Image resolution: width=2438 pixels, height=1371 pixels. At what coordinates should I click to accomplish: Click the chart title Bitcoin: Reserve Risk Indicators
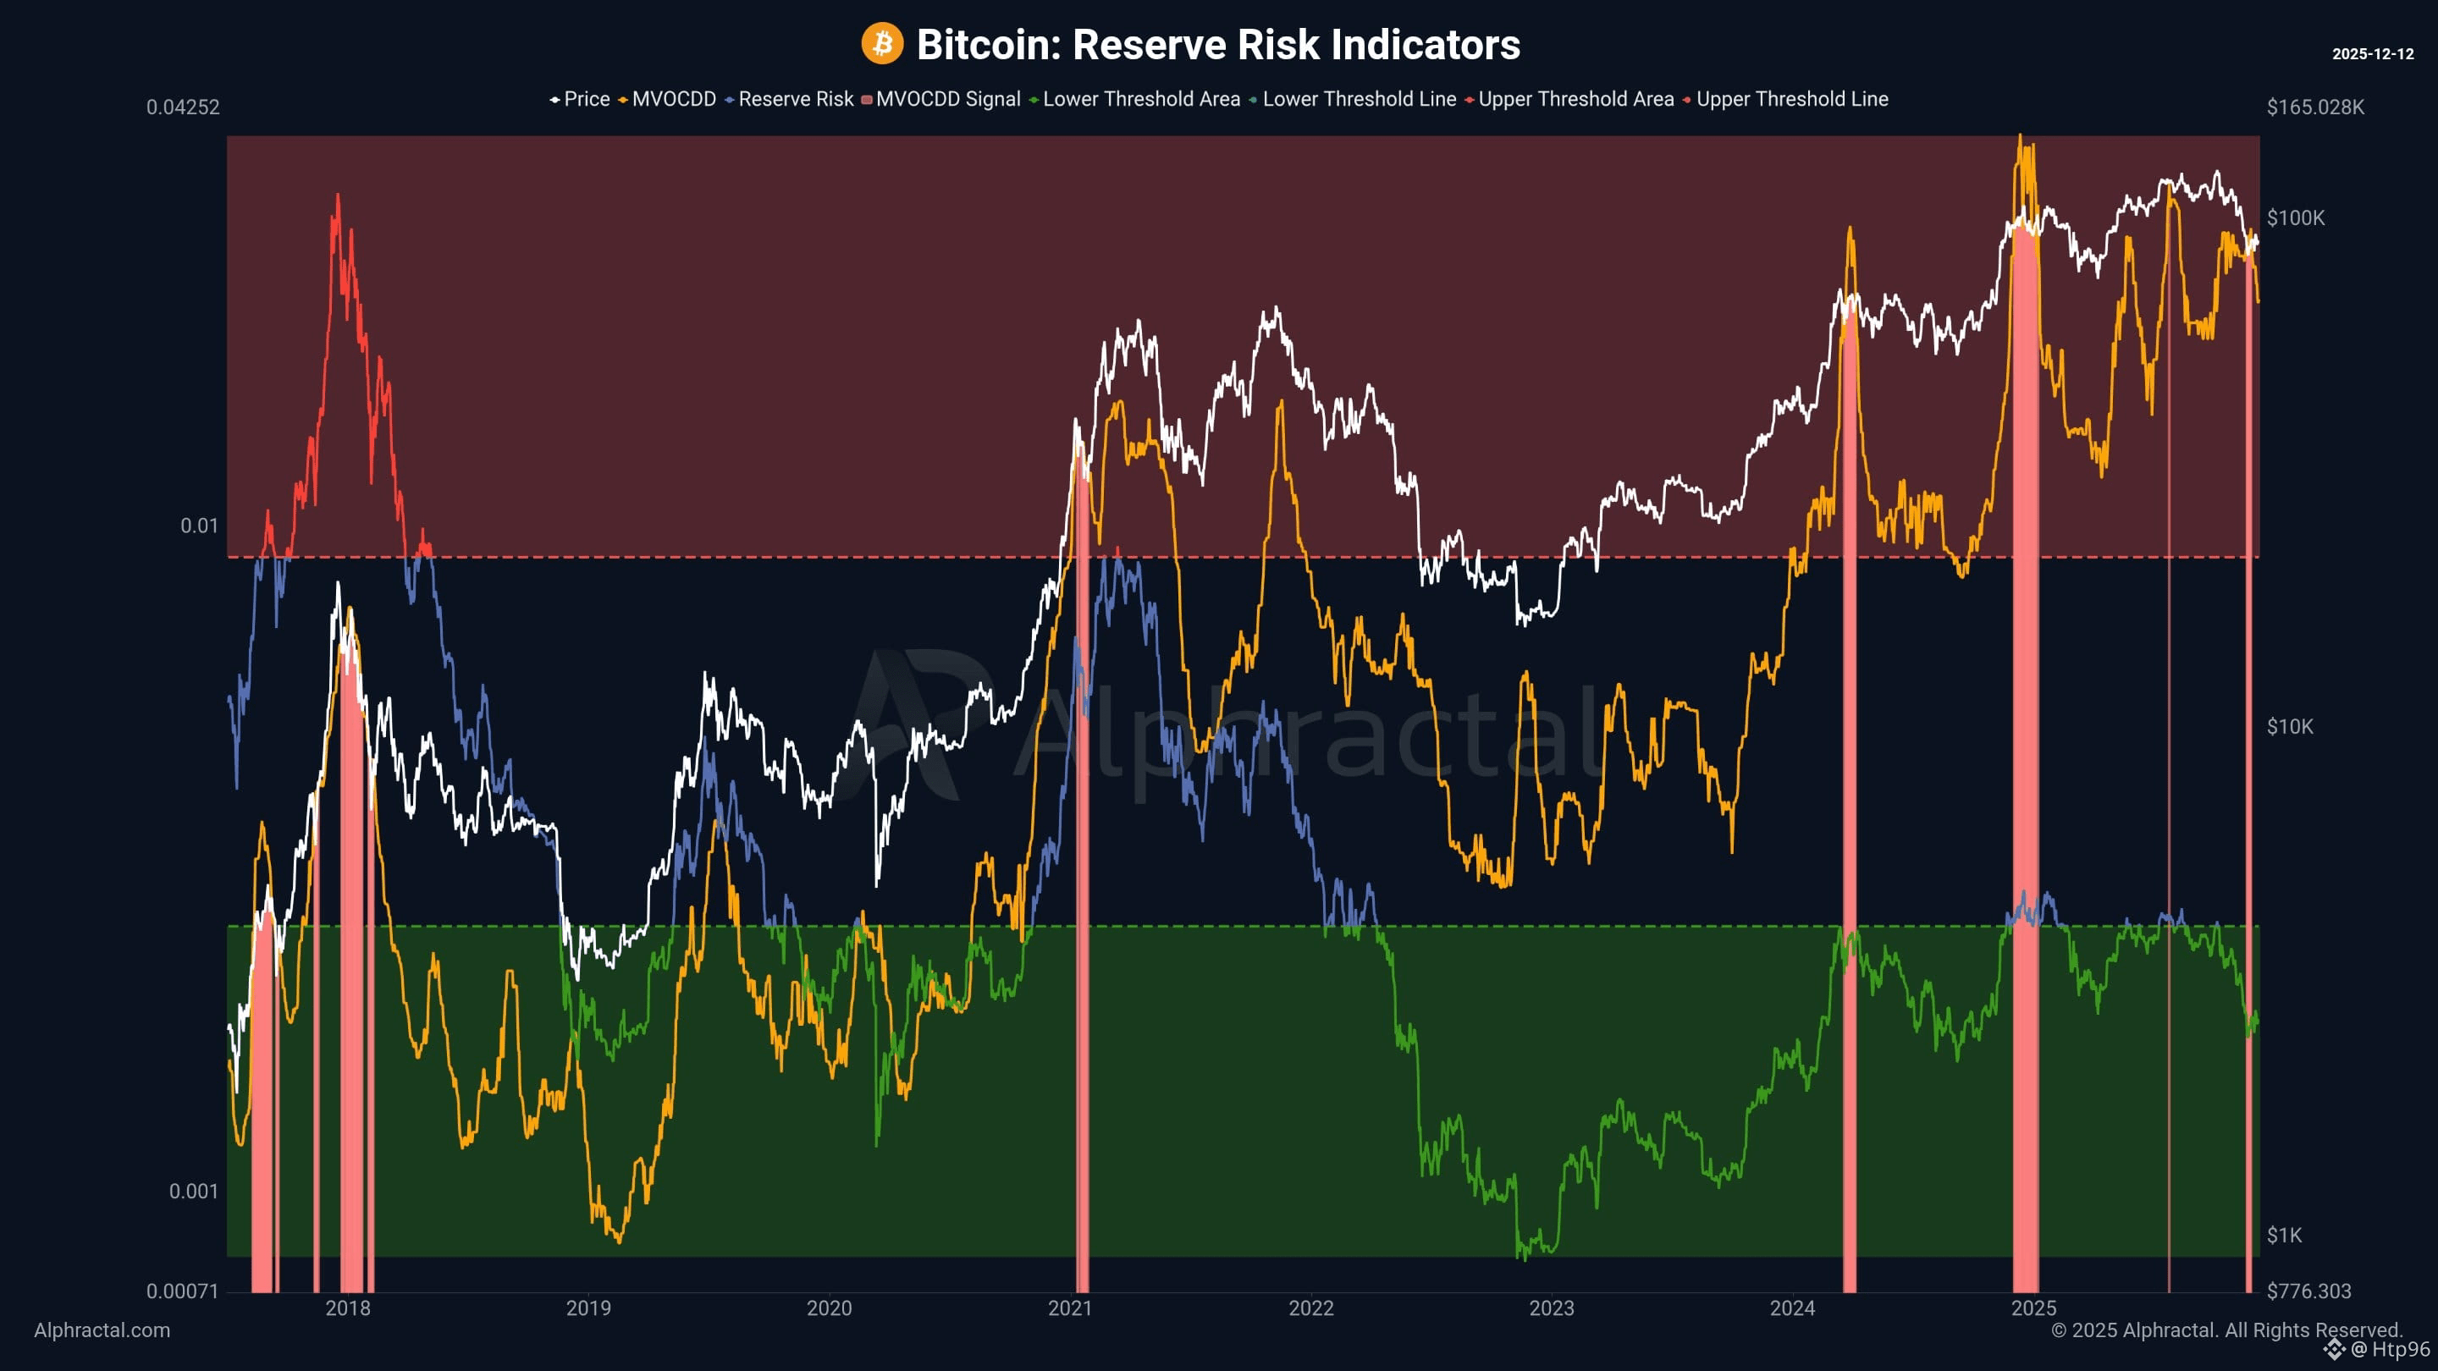click(x=1218, y=45)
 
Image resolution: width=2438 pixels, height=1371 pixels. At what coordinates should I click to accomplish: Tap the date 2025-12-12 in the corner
click(x=2372, y=54)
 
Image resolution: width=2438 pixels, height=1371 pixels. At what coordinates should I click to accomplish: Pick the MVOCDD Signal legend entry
click(x=947, y=99)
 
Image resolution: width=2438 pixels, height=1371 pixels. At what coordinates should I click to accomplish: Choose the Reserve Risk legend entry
click(x=795, y=99)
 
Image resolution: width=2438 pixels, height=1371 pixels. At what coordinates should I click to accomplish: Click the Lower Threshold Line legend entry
click(x=1358, y=99)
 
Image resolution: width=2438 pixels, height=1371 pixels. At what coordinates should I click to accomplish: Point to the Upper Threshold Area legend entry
click(x=1575, y=99)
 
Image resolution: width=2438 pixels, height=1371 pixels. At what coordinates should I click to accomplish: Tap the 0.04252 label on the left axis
click(x=183, y=107)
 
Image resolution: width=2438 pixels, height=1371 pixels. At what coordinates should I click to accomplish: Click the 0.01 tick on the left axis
click(x=199, y=526)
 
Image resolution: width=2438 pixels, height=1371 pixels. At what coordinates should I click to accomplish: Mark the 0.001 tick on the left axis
click(x=193, y=1192)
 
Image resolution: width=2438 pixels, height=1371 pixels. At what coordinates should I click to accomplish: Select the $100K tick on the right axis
click(x=2295, y=218)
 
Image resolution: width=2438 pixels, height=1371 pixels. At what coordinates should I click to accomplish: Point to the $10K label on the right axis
click(x=2289, y=727)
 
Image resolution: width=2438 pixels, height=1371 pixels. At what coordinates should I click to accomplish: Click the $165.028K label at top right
click(x=2315, y=107)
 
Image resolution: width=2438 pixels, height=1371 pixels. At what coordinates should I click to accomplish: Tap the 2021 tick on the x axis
click(x=1069, y=1308)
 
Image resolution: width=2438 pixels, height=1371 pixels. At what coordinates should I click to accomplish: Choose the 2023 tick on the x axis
click(x=1551, y=1308)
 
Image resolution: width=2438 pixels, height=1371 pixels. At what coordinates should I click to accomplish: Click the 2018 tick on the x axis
click(x=347, y=1308)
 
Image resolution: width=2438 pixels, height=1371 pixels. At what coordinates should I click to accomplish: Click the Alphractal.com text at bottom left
click(x=102, y=1330)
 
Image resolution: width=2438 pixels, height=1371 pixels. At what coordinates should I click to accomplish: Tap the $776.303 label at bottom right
click(x=2308, y=1291)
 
